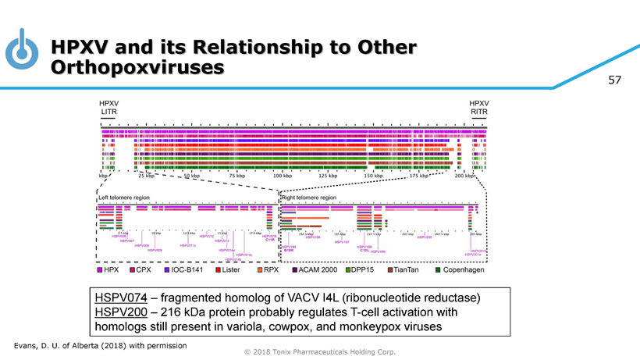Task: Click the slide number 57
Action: tap(614, 80)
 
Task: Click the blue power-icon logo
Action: tap(21, 49)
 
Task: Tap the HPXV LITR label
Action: tap(108, 107)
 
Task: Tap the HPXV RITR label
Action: tap(478, 107)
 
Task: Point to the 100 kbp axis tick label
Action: tap(283, 176)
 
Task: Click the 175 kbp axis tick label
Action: tap(419, 176)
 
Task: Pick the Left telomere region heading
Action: tap(123, 198)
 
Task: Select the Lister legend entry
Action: tap(226, 269)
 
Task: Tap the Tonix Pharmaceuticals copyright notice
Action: tap(320, 352)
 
